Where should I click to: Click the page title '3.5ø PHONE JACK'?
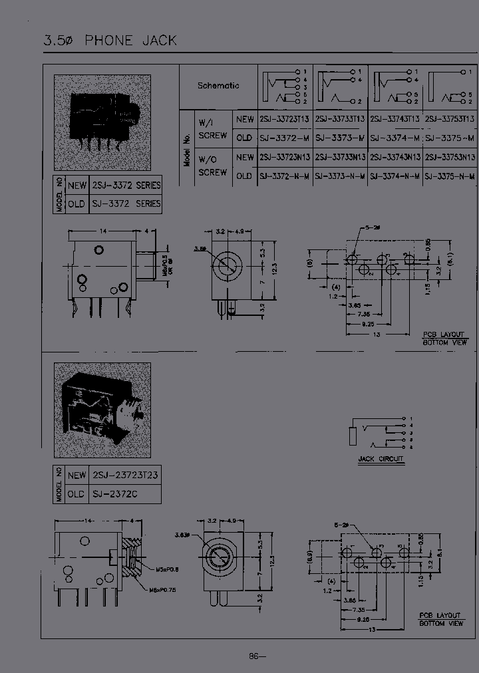tap(110, 41)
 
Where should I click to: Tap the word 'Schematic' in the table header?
tap(218, 86)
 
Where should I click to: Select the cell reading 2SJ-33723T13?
tap(285, 119)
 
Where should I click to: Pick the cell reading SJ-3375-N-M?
tap(449, 176)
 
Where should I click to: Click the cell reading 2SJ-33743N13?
tap(395, 158)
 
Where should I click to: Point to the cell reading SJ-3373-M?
tap(339, 138)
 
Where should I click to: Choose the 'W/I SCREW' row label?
tap(213, 129)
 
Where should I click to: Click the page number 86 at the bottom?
tap(256, 656)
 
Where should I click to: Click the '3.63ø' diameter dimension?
tap(182, 534)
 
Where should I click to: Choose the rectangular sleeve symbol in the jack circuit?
tap(353, 436)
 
